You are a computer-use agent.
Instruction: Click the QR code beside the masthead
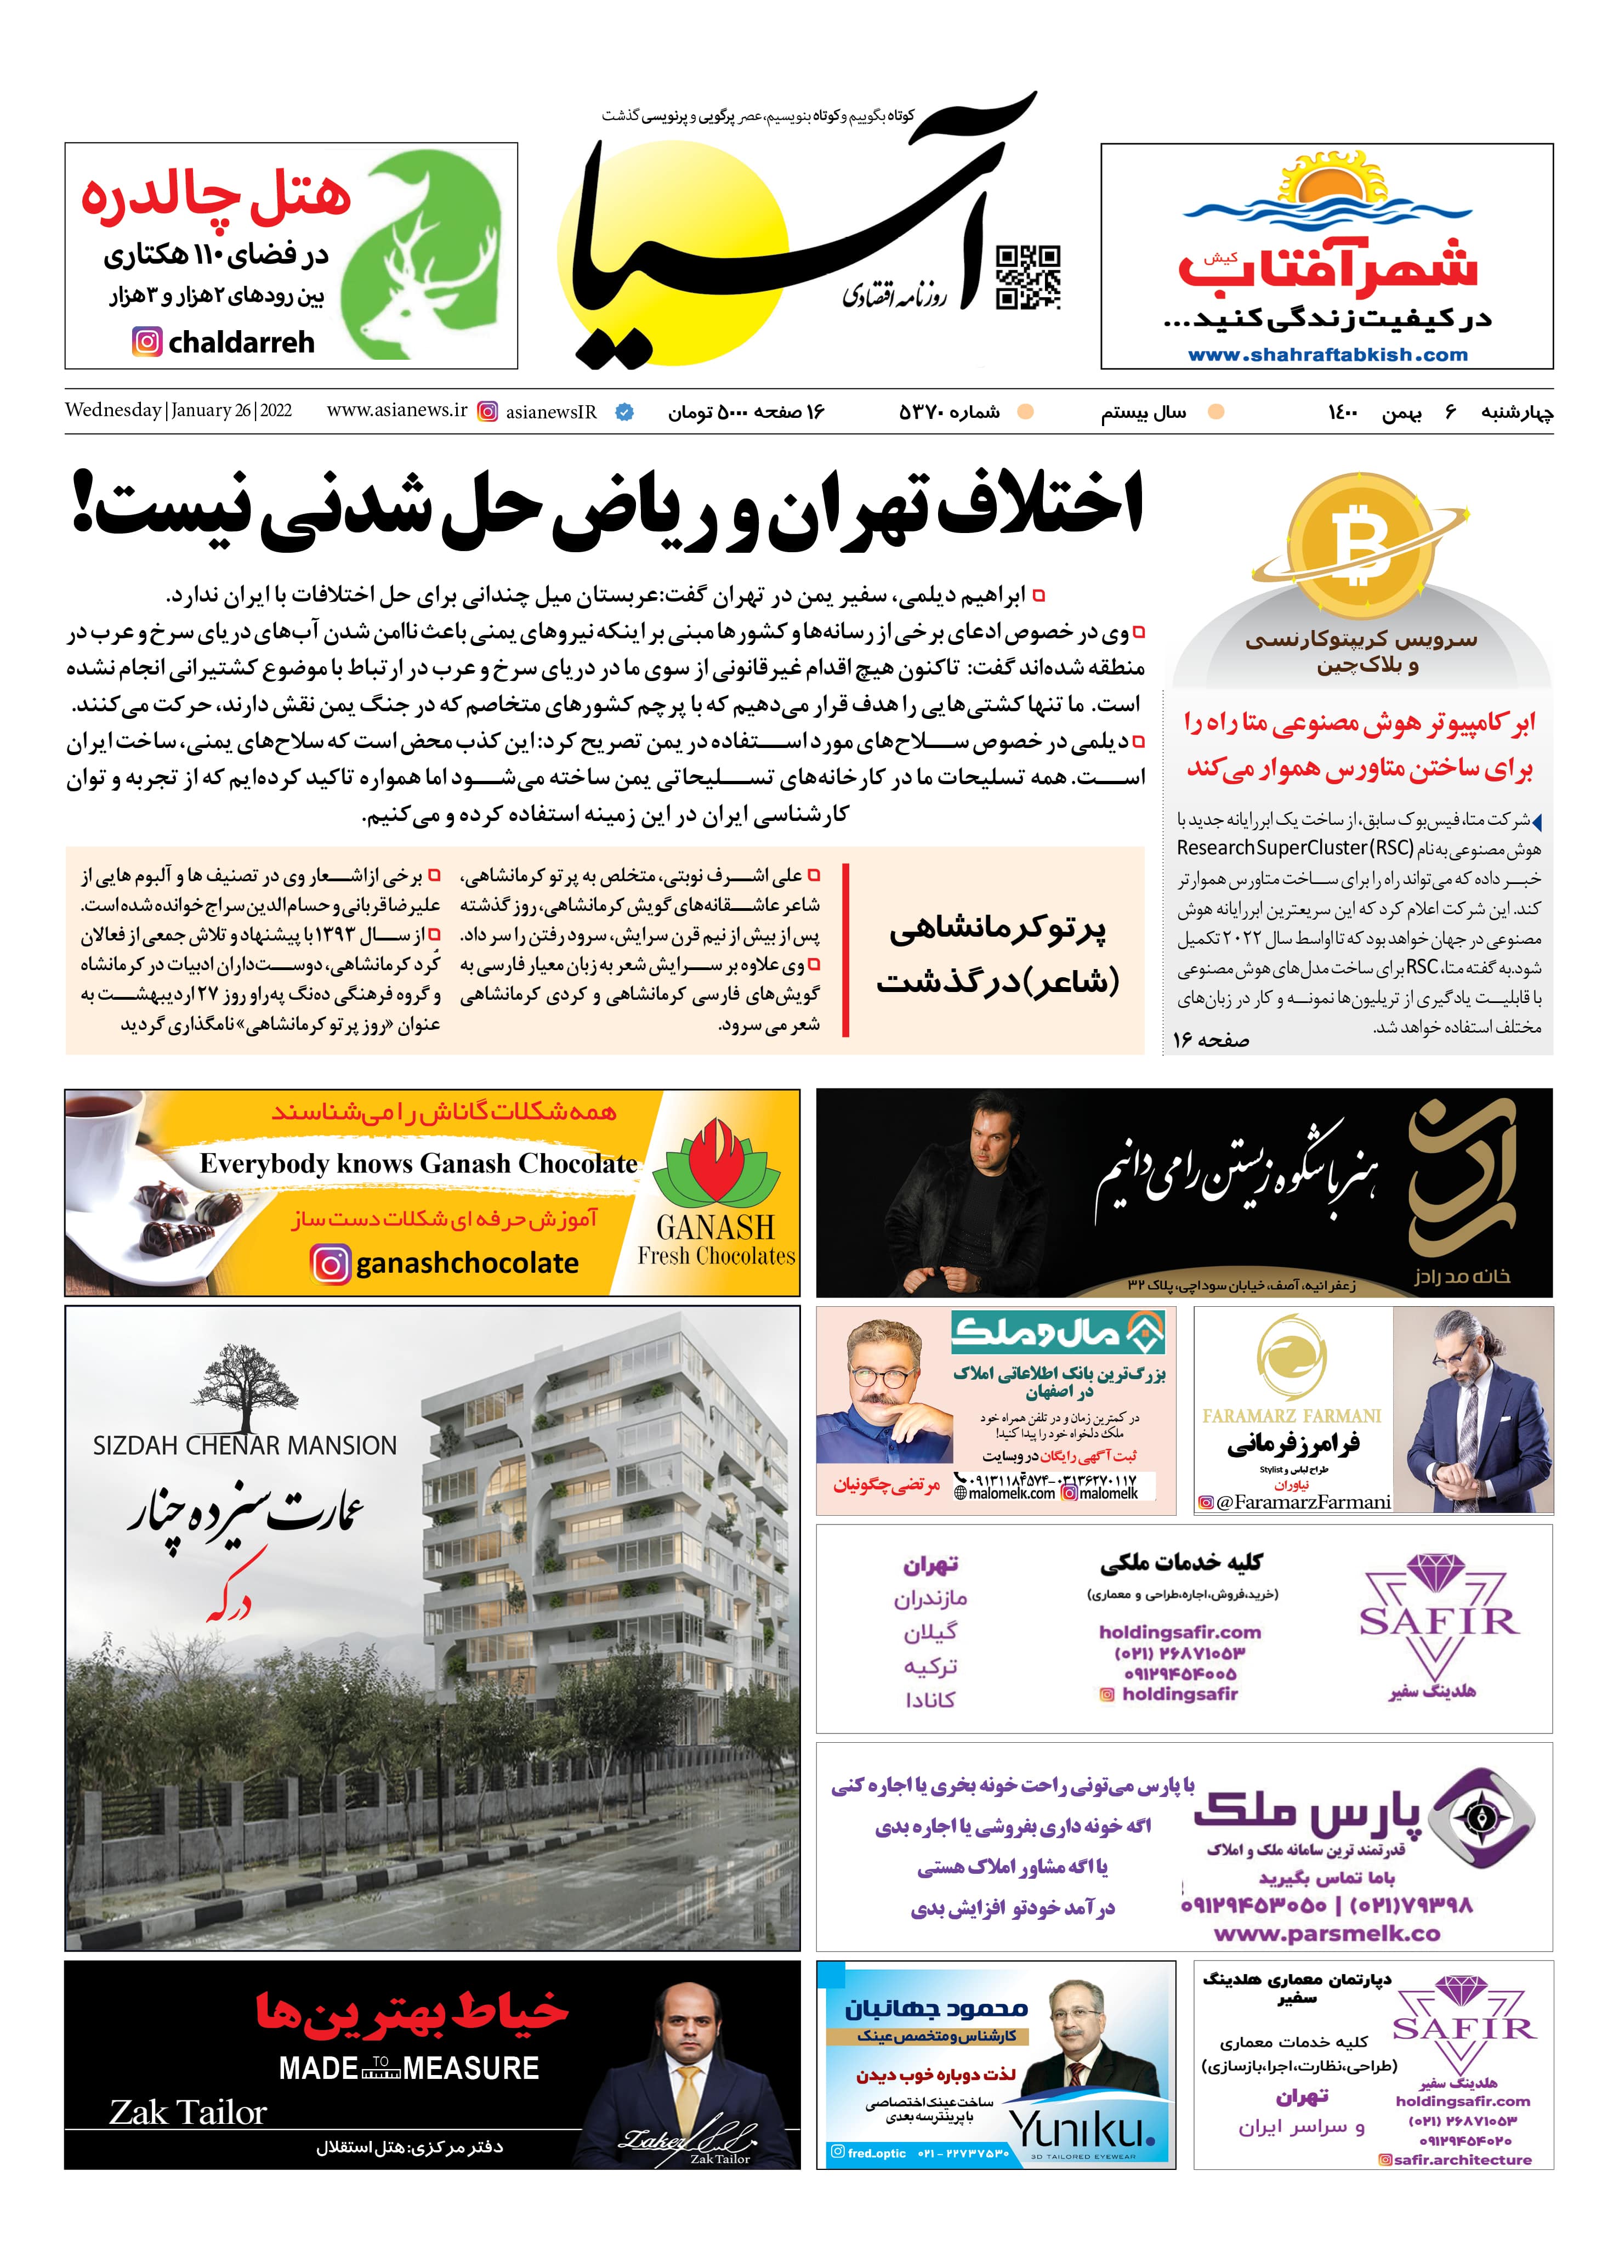(x=1029, y=276)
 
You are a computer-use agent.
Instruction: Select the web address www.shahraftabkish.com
(x=1327, y=355)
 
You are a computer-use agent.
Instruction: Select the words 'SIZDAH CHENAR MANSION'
(x=244, y=1446)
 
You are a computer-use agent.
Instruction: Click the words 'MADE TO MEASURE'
(x=409, y=2068)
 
